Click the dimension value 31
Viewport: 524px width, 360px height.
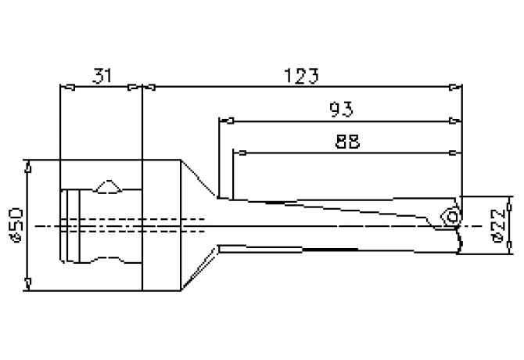pyautogui.click(x=101, y=75)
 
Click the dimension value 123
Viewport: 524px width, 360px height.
pyautogui.click(x=301, y=75)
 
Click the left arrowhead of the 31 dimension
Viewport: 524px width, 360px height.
pyautogui.click(x=66, y=87)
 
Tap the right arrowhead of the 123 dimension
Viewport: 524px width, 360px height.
pyautogui.click(x=457, y=87)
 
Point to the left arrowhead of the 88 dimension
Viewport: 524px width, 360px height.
pyautogui.click(x=239, y=151)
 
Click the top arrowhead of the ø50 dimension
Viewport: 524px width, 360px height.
pyautogui.click(x=28, y=166)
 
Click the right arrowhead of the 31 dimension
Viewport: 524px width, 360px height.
pyautogui.click(x=135, y=87)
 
